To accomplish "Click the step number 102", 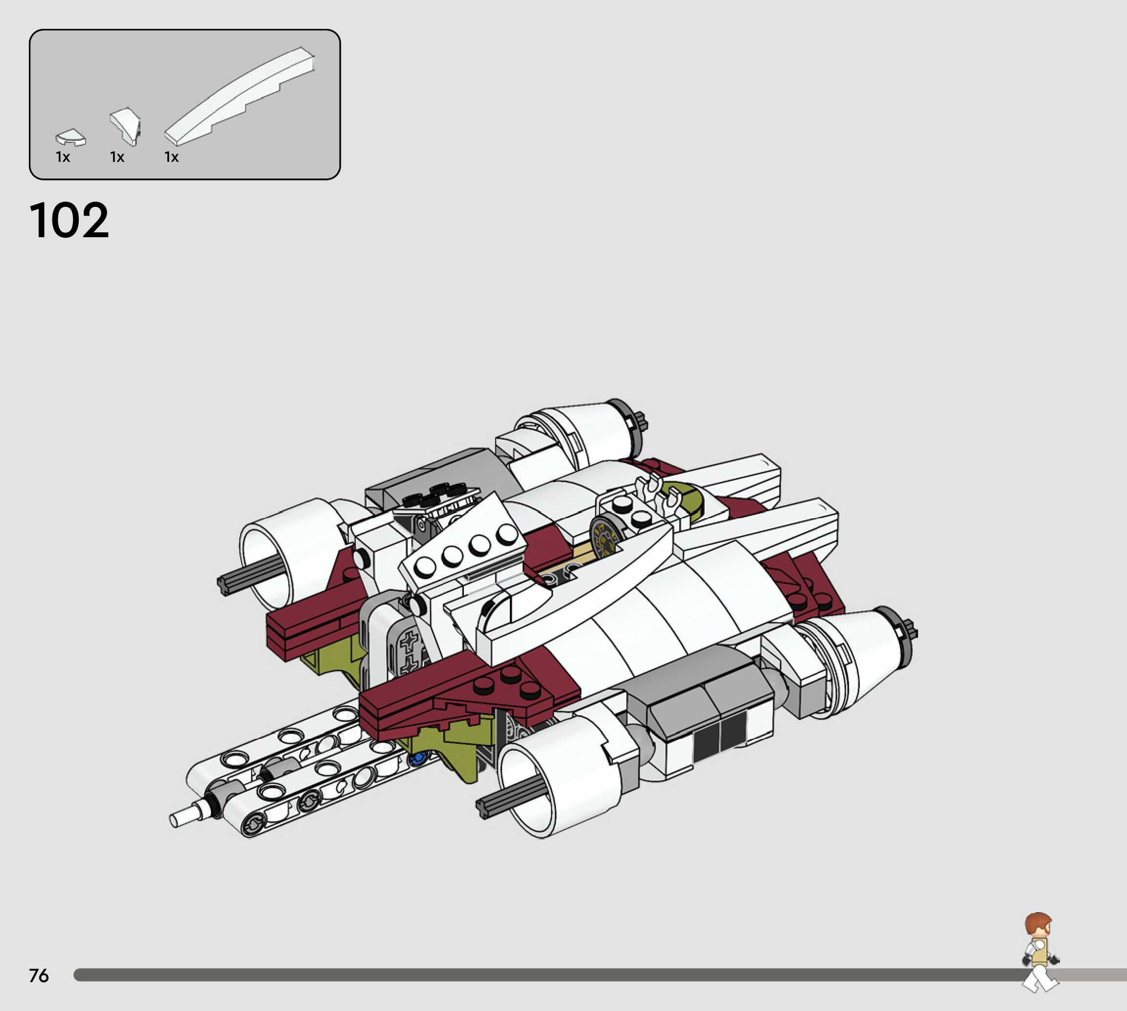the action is (x=69, y=221).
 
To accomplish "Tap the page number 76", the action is (x=39, y=975).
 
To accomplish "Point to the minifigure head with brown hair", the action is (x=1037, y=926).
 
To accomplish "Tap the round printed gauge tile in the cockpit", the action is (x=605, y=537).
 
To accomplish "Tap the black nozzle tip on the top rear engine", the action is (x=643, y=422).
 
